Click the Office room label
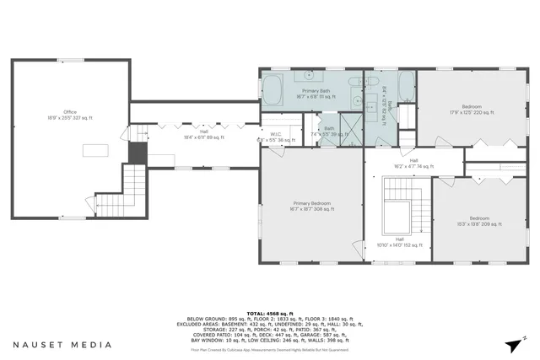coord(70,116)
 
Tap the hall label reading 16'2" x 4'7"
coord(413,164)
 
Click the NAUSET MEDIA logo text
coord(62,345)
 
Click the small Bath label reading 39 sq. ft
coord(328,131)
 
